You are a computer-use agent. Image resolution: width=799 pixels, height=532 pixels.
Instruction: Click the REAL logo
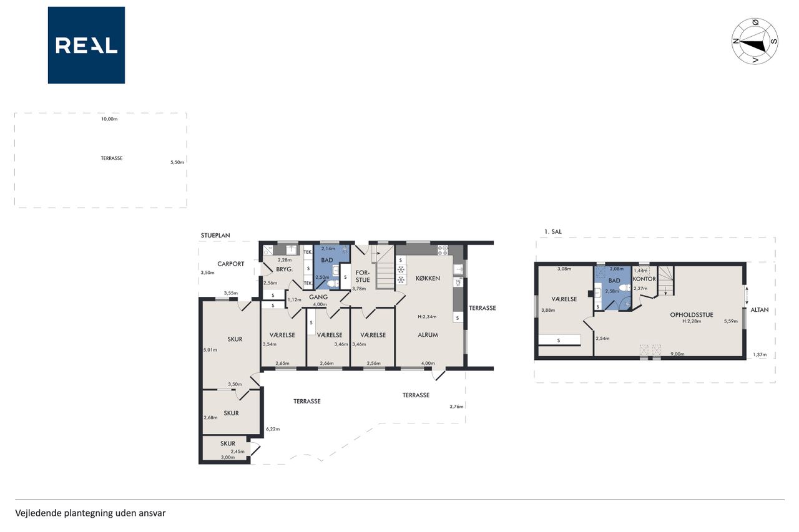[86, 46]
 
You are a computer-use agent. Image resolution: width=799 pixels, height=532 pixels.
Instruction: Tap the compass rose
[755, 41]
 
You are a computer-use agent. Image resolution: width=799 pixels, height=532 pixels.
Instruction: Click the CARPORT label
[231, 264]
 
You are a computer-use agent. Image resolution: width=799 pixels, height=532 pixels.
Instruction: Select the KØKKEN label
[428, 278]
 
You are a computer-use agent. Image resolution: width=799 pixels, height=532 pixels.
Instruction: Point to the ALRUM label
[428, 335]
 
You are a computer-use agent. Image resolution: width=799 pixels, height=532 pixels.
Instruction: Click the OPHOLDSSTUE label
[692, 315]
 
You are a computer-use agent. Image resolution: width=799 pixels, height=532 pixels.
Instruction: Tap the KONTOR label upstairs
[644, 279]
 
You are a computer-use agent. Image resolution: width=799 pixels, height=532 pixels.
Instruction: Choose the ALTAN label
[760, 310]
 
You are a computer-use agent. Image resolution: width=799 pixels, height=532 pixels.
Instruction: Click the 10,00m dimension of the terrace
[109, 119]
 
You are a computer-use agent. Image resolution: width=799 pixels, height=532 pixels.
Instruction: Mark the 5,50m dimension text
[177, 163]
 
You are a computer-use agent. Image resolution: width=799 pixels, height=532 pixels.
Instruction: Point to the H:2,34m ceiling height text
[427, 317]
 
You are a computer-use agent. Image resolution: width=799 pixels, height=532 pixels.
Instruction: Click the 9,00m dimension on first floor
[677, 354]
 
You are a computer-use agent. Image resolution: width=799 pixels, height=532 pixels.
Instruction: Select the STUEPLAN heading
[215, 236]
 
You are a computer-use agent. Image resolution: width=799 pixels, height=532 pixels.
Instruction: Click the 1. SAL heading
[553, 231]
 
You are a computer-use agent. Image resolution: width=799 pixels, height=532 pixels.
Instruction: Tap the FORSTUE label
[363, 276]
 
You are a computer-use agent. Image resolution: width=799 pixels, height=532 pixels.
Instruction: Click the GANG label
[318, 297]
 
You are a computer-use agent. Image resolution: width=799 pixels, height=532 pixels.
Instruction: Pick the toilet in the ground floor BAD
[333, 284]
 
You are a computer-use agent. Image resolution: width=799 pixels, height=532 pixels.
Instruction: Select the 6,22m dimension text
[273, 429]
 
